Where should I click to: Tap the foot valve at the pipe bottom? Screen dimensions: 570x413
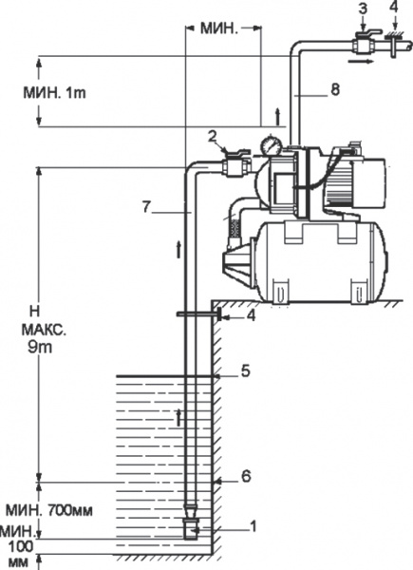pos(191,526)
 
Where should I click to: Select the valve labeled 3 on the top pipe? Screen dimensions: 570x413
pos(361,43)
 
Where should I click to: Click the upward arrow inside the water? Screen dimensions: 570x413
pos(178,417)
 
